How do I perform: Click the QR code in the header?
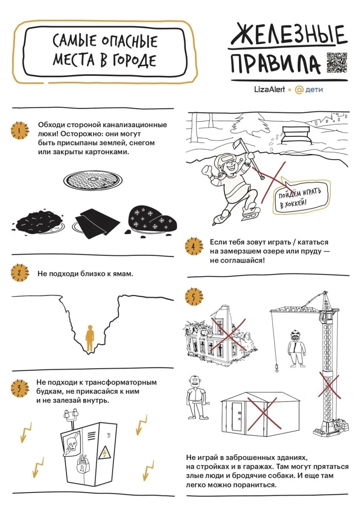[x=337, y=62]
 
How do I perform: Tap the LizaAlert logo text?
[x=269, y=89]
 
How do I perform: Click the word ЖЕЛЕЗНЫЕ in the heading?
[x=288, y=35]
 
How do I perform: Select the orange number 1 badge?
[x=20, y=130]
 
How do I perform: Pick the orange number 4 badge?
[x=194, y=247]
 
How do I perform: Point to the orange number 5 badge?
[x=194, y=297]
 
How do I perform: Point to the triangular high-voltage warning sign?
[x=105, y=454]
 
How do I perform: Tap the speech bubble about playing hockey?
[x=301, y=196]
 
